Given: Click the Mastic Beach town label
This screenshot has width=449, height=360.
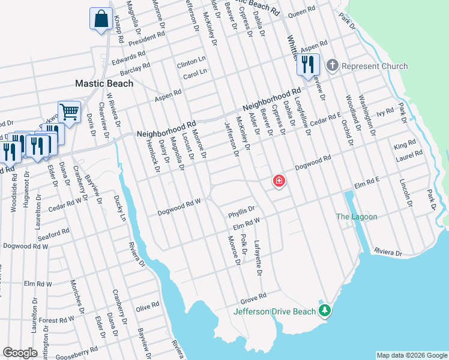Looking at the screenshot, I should point(104,83).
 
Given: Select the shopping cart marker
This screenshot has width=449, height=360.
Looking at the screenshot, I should point(70,112).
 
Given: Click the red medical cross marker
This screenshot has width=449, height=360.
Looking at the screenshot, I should point(279,181).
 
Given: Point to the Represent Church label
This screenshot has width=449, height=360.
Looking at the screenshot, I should point(375,66).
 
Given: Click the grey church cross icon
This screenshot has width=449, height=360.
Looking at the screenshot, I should point(331,65).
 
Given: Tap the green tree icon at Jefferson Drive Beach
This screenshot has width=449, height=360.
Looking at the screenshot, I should point(325,310).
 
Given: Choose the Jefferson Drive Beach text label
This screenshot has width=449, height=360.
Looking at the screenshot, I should point(274,311).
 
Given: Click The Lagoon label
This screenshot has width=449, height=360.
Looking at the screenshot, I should point(357,217).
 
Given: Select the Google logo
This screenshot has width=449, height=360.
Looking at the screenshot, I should point(20,353).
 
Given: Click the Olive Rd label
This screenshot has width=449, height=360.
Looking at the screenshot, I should point(147,306).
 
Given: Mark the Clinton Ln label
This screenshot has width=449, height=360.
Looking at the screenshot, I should point(191,62).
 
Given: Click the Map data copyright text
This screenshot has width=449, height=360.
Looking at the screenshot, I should point(411,355).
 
